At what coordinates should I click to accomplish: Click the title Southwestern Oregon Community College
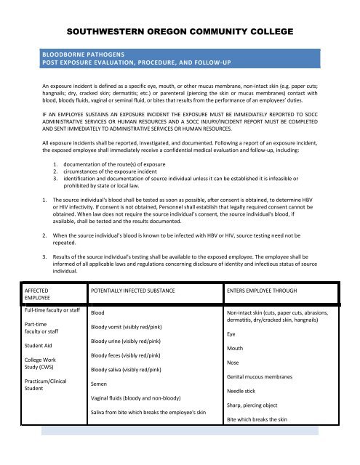point(180,32)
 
